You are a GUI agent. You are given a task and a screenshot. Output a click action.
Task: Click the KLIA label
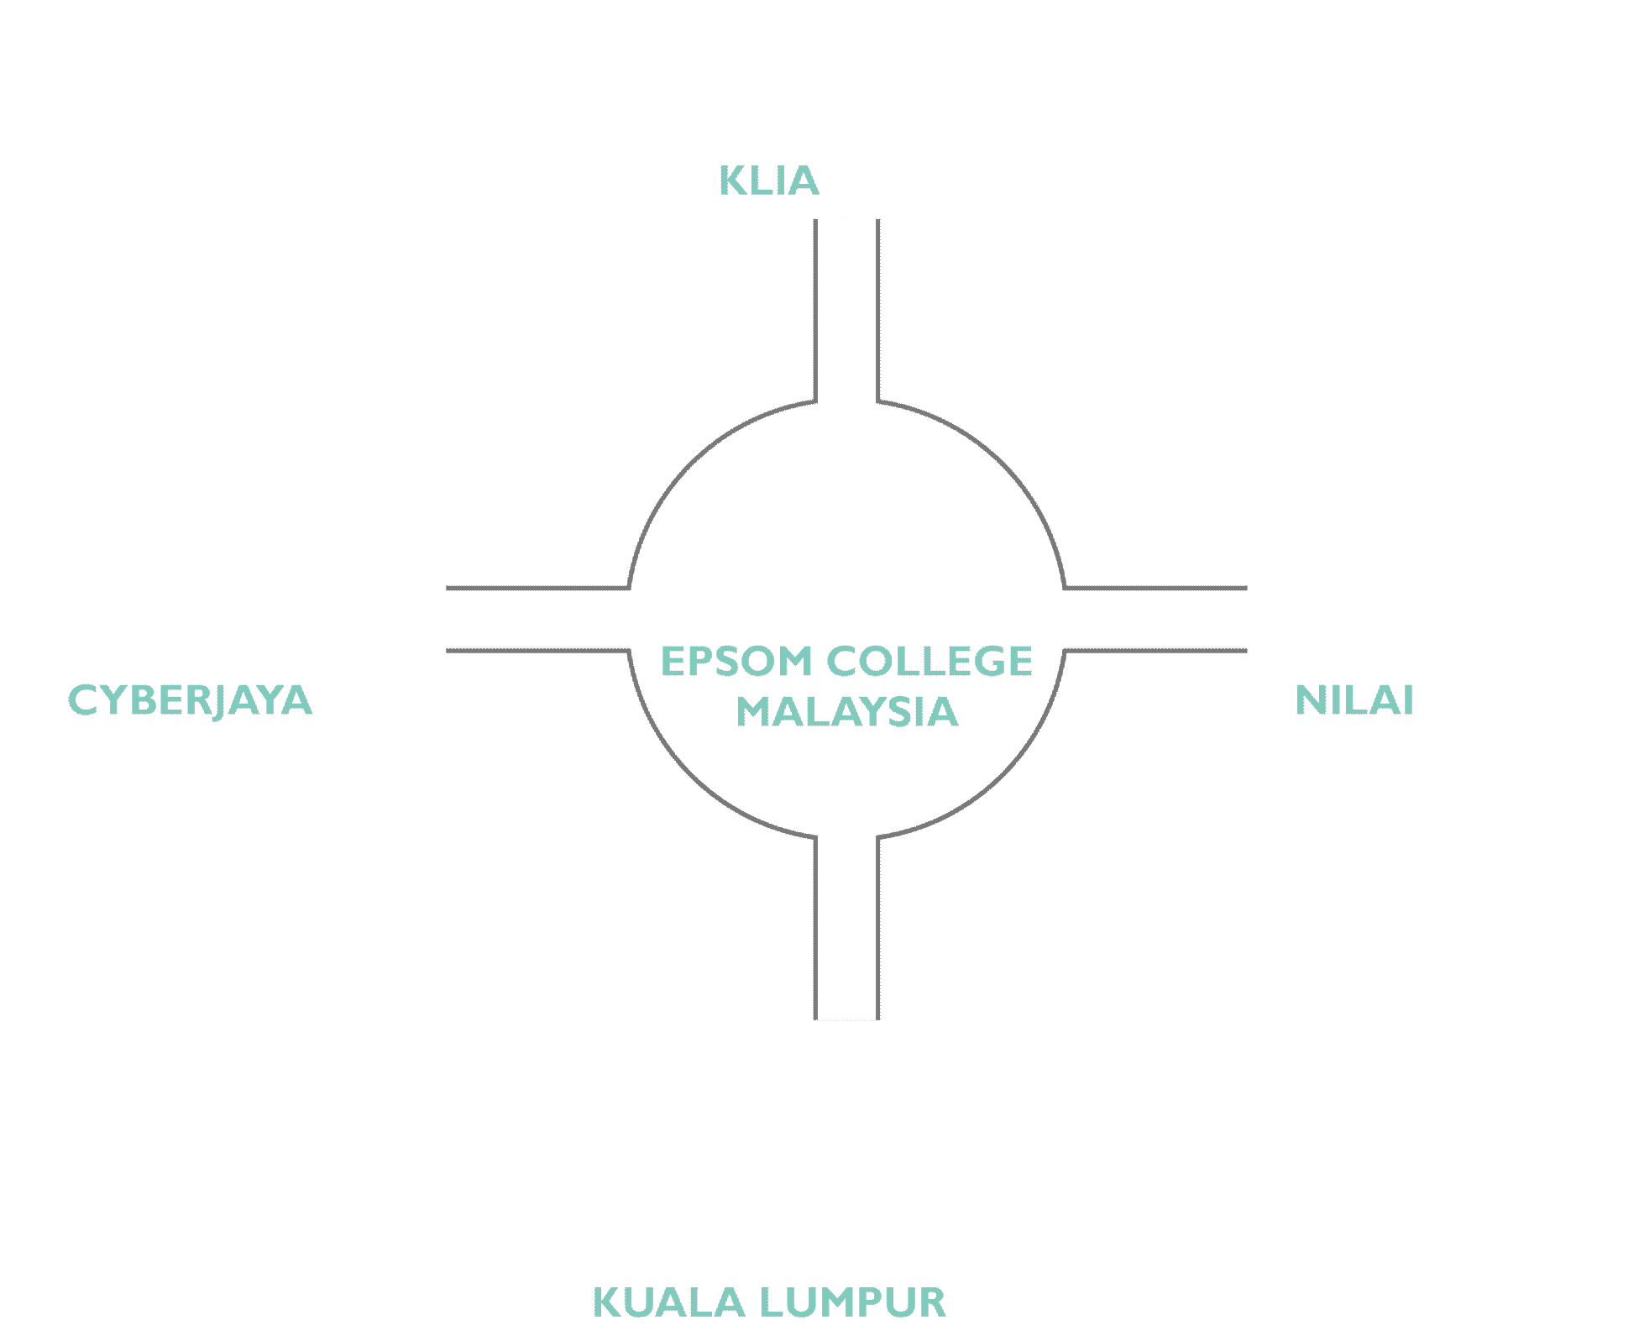768,181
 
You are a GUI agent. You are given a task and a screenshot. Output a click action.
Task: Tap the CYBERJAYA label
190,700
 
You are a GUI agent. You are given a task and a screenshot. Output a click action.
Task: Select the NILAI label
1354,700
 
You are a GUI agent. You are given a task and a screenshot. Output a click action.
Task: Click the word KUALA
669,1303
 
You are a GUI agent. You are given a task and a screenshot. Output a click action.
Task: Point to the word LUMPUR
852,1303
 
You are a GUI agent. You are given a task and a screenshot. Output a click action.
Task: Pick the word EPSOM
736,662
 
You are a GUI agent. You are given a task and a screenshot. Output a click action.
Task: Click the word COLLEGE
929,662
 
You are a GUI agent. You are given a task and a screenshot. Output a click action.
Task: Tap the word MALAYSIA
846,712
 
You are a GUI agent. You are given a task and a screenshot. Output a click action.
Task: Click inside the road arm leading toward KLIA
846,311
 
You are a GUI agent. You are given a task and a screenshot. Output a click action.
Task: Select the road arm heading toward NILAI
1155,620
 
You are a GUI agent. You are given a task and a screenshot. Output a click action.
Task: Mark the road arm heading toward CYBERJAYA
537,620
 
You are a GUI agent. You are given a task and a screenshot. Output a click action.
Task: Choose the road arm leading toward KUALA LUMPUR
846,928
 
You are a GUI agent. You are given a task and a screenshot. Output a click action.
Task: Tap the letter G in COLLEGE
982,662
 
